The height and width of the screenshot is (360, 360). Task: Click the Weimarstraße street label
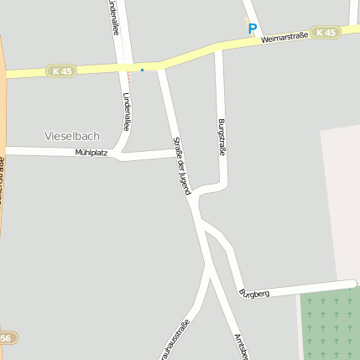click(284, 38)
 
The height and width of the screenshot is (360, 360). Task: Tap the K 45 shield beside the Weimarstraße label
click(325, 32)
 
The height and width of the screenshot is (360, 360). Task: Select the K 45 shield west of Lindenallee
click(61, 71)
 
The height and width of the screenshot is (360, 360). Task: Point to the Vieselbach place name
click(71, 135)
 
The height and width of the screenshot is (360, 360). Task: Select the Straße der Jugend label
click(182, 165)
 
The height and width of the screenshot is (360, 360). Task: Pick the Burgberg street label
click(253, 294)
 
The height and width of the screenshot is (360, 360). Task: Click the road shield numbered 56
click(7, 337)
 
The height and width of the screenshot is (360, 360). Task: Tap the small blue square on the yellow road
click(142, 70)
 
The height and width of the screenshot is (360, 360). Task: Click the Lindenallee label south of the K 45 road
click(127, 112)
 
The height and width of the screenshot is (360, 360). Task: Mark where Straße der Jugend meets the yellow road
click(161, 65)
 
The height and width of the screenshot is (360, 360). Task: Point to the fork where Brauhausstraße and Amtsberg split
click(207, 267)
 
